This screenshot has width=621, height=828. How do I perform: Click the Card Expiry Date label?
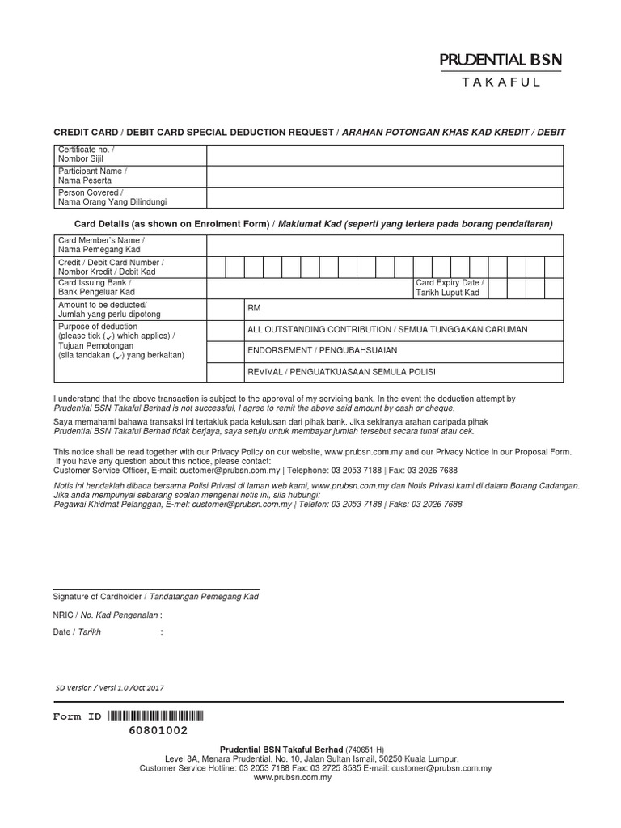coord(449,288)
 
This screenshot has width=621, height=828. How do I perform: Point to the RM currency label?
coord(255,308)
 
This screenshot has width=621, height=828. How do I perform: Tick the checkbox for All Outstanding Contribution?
coord(225,330)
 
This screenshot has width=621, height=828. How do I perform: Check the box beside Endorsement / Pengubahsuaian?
coord(225,351)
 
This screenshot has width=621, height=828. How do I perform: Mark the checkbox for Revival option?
coord(225,371)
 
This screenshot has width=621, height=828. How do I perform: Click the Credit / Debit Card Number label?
coord(110,268)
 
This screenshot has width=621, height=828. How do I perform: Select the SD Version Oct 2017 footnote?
coord(109,687)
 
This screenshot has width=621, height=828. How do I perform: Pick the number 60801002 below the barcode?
coord(158,731)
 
